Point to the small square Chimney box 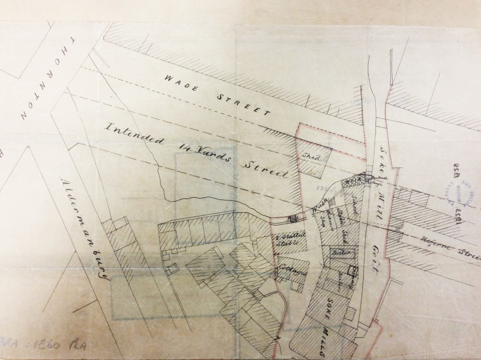click(x=353, y=271)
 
